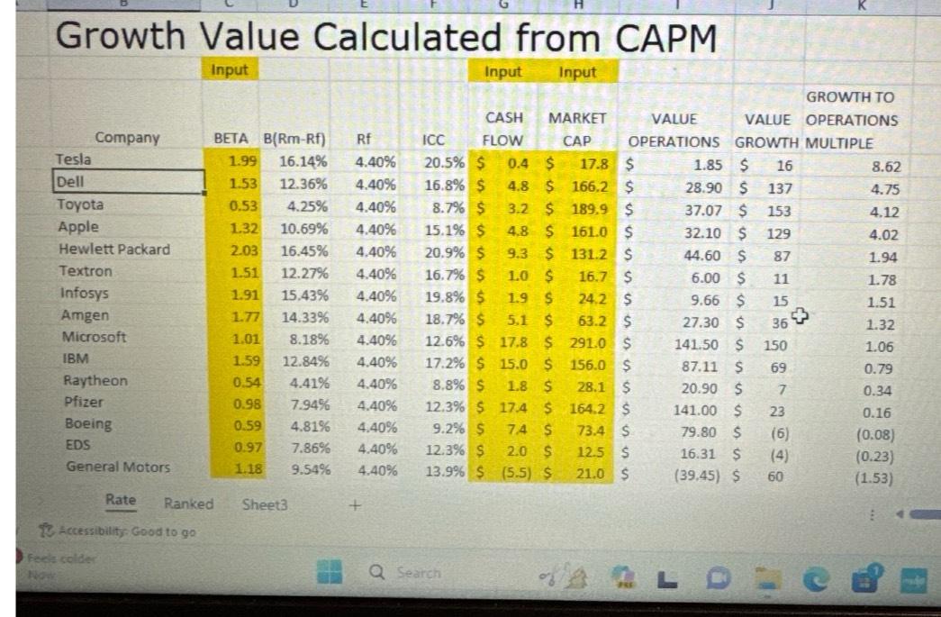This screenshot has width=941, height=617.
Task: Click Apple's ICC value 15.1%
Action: point(444,228)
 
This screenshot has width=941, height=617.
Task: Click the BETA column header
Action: point(232,138)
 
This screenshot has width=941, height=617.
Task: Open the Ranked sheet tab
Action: point(188,504)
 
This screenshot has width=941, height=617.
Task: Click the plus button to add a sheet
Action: point(356,505)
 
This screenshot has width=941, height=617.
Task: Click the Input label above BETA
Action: point(230,69)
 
